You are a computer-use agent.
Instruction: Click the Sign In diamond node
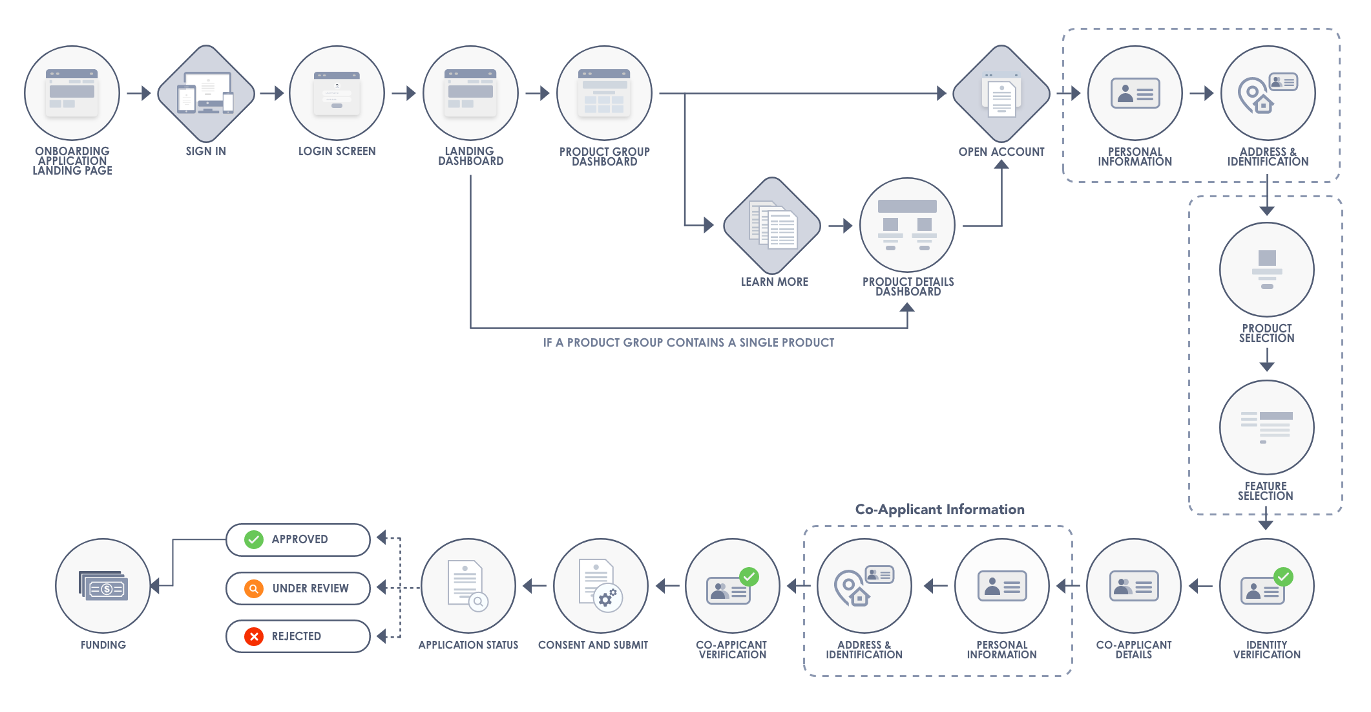206,94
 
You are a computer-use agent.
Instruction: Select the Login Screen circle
337,93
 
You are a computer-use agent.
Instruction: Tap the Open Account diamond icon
1001,94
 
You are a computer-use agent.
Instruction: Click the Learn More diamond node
772,226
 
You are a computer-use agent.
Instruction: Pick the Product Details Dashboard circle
907,225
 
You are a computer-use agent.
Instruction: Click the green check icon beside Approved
254,539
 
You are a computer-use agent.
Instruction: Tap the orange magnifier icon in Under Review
254,588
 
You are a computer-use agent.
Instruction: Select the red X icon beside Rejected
254,636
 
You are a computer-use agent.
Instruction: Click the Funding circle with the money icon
103,586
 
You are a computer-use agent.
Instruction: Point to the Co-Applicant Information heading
939,510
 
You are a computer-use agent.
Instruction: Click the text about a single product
688,343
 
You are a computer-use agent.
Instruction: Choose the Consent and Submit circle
601,586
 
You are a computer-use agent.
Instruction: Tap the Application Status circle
468,586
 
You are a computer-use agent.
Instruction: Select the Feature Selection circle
1266,427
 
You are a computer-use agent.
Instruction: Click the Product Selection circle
1266,270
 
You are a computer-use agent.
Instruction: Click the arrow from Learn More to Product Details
841,226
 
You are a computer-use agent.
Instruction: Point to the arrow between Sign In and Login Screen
272,94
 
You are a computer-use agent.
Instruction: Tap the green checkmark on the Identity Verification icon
1283,576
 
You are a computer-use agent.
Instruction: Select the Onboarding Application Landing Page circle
72,93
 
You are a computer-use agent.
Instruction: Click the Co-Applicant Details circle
1134,586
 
